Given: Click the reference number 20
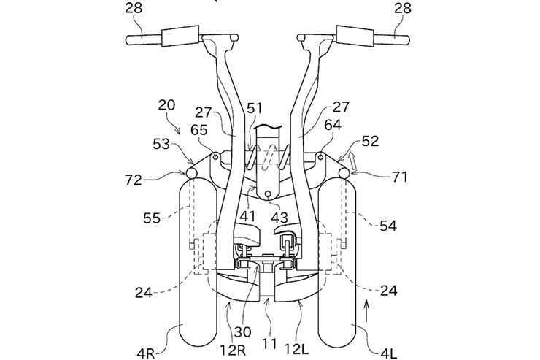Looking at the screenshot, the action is pyautogui.click(x=166, y=105).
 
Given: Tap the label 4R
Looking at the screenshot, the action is pyautogui.click(x=146, y=353).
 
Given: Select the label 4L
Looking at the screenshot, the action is pyautogui.click(x=389, y=353).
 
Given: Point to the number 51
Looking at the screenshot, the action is pyautogui.click(x=255, y=109).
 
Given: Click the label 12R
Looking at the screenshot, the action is pyautogui.click(x=233, y=350).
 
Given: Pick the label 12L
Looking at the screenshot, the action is pyautogui.click(x=296, y=350).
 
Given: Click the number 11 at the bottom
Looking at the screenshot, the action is pyautogui.click(x=270, y=344).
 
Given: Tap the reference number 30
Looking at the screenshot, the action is pyautogui.click(x=243, y=332).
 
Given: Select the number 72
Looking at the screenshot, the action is pyautogui.click(x=134, y=180).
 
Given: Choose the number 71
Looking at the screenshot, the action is pyautogui.click(x=400, y=177).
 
